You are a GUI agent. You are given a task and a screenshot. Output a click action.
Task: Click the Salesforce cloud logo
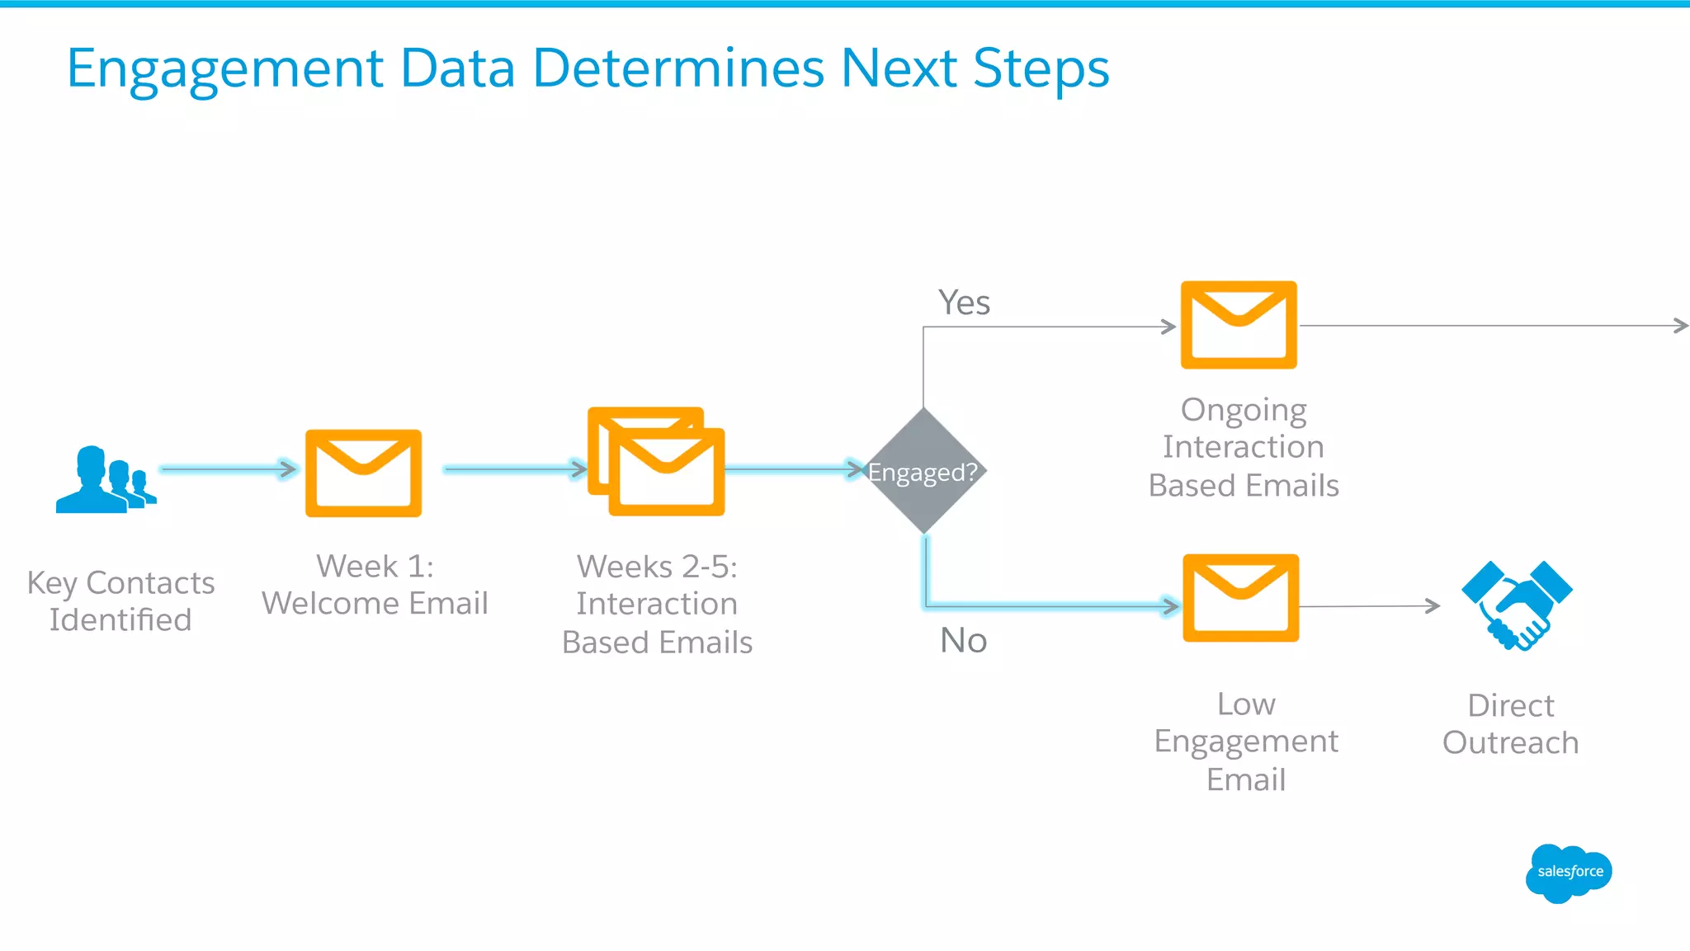1568,873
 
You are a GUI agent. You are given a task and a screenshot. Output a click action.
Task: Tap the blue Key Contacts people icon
104,481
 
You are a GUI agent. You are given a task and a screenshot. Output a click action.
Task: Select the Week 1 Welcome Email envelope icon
363,473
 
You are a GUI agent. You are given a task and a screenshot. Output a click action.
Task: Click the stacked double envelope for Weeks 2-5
657,462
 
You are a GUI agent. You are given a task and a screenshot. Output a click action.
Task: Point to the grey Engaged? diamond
923,471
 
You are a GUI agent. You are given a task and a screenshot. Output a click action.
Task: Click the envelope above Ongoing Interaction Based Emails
1239,325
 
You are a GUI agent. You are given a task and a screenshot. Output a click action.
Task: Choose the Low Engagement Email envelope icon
1240,598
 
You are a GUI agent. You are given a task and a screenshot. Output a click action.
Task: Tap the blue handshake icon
1517,605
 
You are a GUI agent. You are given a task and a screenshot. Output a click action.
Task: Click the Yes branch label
964,303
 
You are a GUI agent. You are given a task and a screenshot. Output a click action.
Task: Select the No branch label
963,640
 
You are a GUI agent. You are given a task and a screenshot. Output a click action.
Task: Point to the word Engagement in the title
224,69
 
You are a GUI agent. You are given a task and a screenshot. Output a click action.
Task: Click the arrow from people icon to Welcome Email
229,469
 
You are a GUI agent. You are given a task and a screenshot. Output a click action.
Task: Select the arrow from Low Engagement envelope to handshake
1369,606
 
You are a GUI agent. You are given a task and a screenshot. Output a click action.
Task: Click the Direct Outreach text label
1510,724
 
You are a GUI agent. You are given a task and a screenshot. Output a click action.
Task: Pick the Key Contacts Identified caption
120,601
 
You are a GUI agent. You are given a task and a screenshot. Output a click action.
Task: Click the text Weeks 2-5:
657,567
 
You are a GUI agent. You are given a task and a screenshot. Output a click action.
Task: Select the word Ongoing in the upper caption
1243,410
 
